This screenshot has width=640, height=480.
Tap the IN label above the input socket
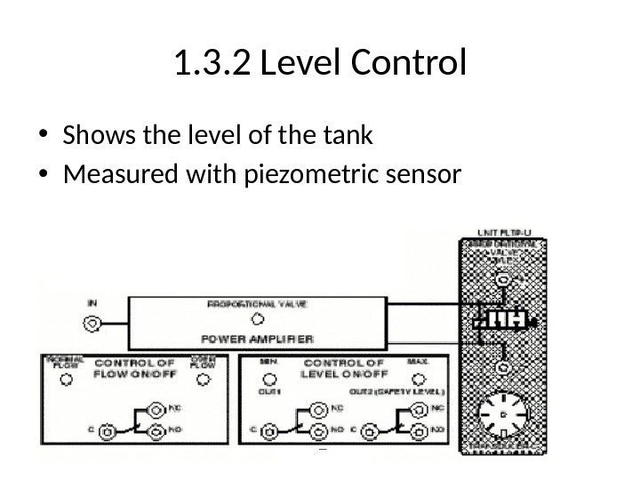point(92,302)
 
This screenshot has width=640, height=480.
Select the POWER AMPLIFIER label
point(258,339)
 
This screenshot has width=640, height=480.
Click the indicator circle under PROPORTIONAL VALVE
point(258,319)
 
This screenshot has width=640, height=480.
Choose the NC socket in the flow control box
point(156,410)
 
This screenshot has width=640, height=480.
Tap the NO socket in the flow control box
point(156,433)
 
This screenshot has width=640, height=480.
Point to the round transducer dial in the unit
point(504,415)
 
